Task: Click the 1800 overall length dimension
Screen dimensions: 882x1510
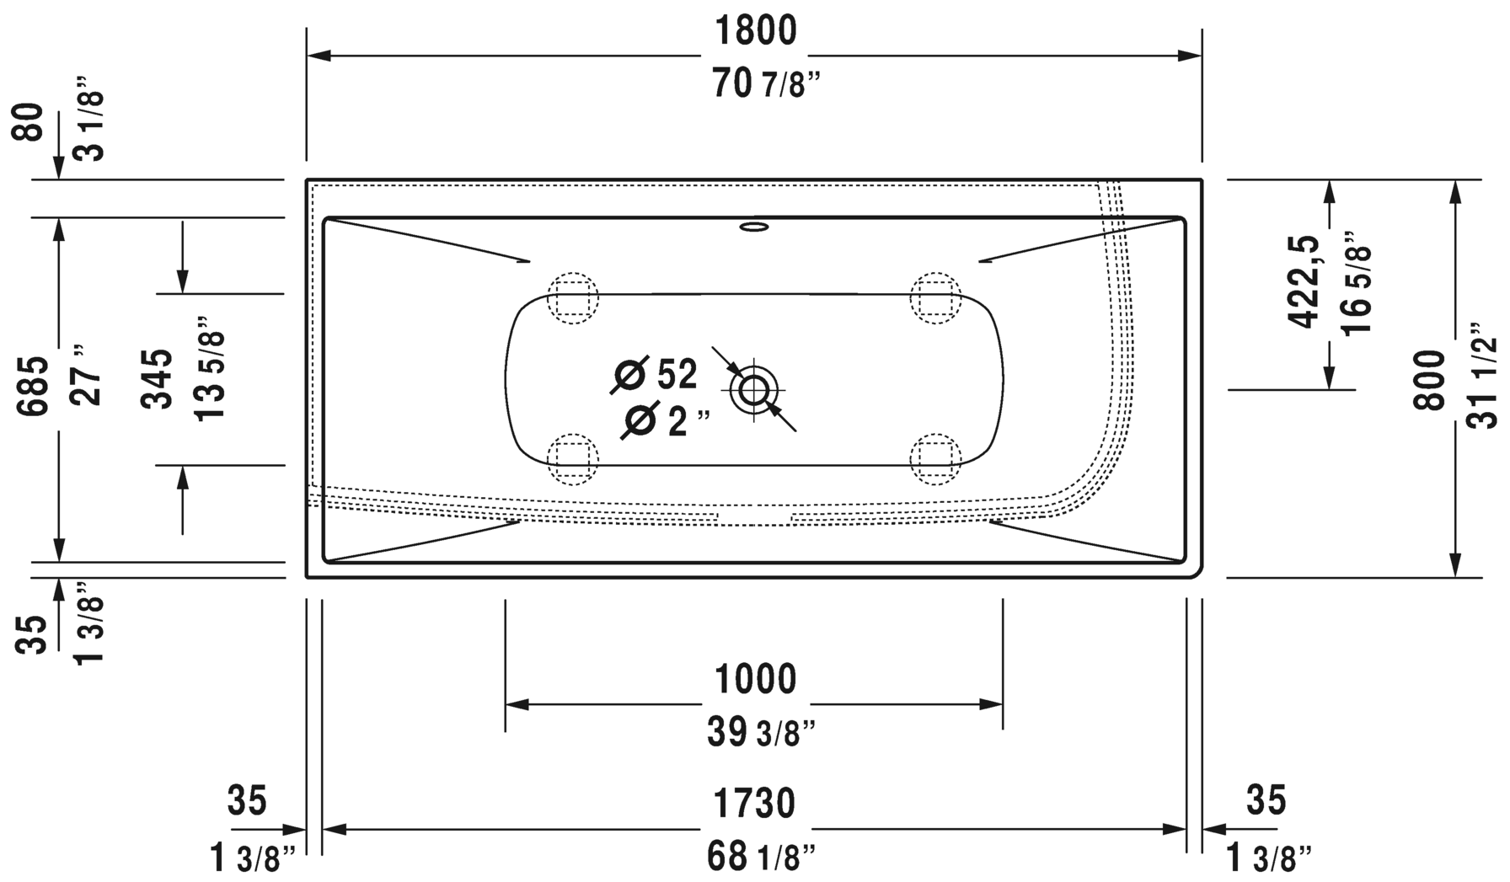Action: pos(755,32)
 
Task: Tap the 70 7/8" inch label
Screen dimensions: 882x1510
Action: pos(766,85)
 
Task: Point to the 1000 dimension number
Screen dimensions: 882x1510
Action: pos(755,679)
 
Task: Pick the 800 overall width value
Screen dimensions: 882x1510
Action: pos(1429,380)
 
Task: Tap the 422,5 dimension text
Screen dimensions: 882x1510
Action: pos(1304,282)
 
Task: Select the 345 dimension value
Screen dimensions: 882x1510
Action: pos(157,380)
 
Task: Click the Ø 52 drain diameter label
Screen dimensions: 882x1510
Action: pos(656,375)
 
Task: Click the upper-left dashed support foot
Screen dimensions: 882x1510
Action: pos(573,297)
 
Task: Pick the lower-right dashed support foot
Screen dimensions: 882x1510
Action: pos(935,459)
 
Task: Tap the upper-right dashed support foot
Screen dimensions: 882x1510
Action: pos(935,297)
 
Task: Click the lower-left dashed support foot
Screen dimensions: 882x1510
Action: pos(573,459)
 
